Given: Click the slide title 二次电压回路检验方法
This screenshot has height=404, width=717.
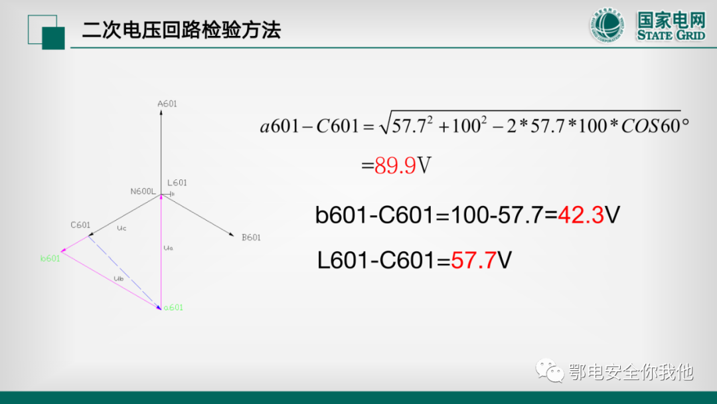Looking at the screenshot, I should [181, 31].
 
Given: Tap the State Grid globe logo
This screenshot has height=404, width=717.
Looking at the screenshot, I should [607, 26].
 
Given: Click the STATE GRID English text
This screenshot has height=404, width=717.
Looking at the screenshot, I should [671, 35].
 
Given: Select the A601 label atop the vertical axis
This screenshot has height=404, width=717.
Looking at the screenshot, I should [167, 104].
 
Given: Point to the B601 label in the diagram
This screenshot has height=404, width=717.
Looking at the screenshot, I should [251, 237].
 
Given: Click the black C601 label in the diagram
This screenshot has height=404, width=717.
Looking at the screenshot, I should [80, 225].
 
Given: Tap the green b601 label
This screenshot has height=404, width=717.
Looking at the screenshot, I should [50, 258].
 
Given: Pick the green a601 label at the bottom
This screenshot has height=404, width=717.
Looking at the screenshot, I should [173, 308].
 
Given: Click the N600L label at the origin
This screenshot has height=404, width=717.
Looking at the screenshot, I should [143, 191].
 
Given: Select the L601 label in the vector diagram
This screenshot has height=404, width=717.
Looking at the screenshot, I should [177, 183].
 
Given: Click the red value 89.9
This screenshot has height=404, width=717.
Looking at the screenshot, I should [396, 165].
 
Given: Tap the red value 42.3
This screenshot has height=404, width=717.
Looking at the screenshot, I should [581, 215].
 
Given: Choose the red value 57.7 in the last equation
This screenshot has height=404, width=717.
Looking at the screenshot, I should [473, 260].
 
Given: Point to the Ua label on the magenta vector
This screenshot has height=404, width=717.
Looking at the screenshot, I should [168, 247].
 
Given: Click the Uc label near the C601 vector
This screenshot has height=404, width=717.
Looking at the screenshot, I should [121, 228].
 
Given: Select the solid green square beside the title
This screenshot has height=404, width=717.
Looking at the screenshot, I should [53, 38].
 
